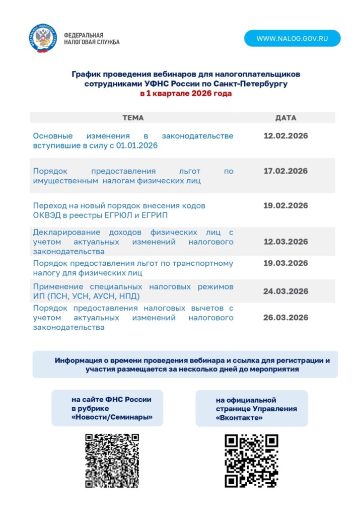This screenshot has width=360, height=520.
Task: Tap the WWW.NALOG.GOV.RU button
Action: [x=292, y=38]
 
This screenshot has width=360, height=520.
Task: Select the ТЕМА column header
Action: [x=133, y=118]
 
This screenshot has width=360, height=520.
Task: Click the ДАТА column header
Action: [x=285, y=118]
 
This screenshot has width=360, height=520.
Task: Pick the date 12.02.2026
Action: [x=285, y=136]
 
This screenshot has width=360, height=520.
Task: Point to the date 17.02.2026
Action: [x=285, y=171]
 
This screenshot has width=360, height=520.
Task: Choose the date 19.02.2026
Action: [x=285, y=205]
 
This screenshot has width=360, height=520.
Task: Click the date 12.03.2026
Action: [x=285, y=242]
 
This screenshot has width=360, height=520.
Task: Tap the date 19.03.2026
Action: [x=285, y=263]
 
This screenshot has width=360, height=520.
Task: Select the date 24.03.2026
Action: [x=285, y=291]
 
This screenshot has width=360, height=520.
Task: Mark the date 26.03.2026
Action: [x=285, y=317]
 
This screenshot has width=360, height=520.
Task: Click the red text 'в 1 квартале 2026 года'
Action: [x=186, y=94]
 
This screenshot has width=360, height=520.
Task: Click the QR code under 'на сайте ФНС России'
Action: [x=112, y=461]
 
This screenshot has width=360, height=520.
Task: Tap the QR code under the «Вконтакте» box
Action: [x=251, y=461]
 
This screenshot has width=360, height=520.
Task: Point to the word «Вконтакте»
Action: [x=239, y=418]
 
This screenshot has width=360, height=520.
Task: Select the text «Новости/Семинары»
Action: [x=112, y=418]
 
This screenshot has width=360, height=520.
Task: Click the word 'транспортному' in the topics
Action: [x=204, y=263]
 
